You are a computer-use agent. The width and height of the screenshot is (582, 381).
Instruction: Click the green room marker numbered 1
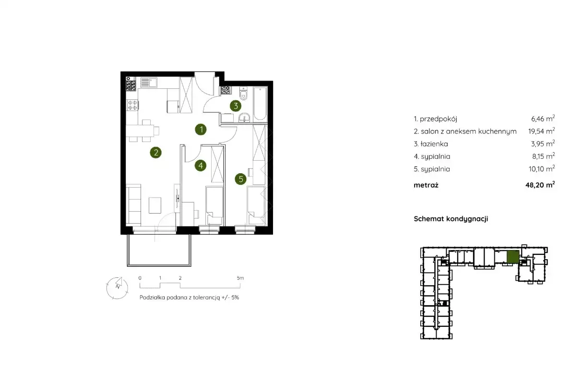(x=201, y=130)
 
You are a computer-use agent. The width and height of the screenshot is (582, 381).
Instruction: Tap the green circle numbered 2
(x=155, y=153)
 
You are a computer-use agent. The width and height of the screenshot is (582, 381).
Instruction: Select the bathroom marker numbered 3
(x=236, y=106)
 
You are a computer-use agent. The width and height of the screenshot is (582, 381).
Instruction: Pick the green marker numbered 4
(x=201, y=166)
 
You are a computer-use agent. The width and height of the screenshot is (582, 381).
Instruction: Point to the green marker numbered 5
(x=240, y=179)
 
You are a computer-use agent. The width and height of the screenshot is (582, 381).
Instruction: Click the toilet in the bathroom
(x=243, y=94)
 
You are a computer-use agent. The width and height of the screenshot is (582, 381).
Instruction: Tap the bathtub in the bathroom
(x=260, y=104)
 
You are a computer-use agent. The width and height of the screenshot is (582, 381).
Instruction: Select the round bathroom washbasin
(x=244, y=118)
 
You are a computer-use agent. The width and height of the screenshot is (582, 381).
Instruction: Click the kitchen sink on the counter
(x=149, y=83)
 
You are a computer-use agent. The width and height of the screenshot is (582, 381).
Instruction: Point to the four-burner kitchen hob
(x=132, y=105)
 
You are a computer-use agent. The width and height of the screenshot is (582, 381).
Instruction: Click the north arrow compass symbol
(x=117, y=288)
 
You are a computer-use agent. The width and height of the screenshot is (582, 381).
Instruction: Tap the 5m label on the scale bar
(x=240, y=278)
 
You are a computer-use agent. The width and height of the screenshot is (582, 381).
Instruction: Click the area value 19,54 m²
(x=542, y=131)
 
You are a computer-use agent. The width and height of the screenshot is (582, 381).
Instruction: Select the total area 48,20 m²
(x=540, y=185)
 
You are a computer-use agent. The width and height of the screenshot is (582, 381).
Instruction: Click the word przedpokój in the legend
(x=439, y=119)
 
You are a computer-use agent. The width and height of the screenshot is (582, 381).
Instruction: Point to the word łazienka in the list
(x=434, y=144)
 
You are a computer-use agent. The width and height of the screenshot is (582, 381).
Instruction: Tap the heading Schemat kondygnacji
(x=451, y=219)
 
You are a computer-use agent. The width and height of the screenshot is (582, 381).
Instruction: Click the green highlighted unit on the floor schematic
(x=513, y=257)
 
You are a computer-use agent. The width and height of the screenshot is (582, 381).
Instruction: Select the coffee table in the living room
(x=155, y=205)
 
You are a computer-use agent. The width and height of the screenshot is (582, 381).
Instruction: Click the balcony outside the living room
(x=159, y=250)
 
